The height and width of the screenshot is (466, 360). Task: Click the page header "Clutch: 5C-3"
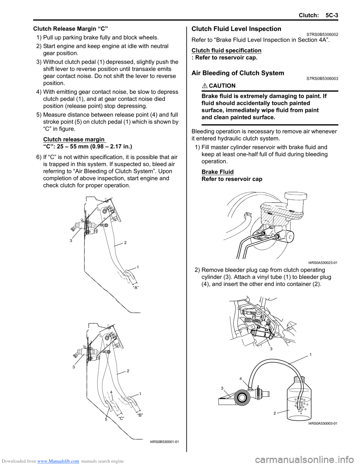point(318,15)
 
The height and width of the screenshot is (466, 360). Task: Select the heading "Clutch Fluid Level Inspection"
point(236,29)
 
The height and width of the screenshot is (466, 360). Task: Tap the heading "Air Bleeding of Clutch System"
point(238,73)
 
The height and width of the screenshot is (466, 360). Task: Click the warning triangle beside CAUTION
point(204,86)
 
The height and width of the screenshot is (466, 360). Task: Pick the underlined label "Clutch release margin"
point(74,139)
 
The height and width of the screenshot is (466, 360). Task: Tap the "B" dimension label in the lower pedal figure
point(140,415)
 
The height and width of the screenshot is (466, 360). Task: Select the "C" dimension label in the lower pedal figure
point(121,418)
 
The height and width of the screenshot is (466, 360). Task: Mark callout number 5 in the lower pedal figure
point(106,419)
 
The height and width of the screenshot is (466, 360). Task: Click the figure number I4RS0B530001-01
point(164,442)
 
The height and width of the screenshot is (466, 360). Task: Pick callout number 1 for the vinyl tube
point(310,354)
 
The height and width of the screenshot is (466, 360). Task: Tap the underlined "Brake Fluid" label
point(217,172)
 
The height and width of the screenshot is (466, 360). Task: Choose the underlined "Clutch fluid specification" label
point(226,50)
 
